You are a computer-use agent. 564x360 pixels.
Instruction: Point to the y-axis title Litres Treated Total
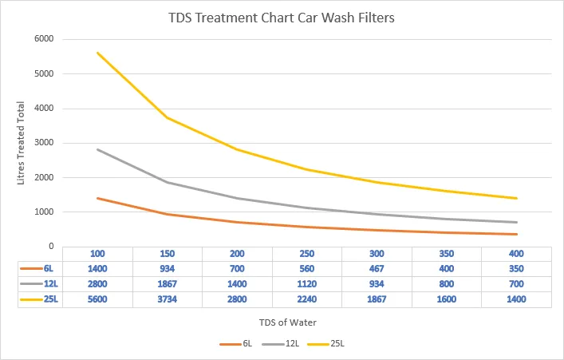coord(22,144)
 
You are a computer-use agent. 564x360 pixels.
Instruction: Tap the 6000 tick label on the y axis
coord(43,39)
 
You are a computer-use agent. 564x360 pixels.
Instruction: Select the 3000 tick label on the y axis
coord(43,143)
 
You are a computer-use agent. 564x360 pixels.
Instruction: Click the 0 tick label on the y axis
coord(50,247)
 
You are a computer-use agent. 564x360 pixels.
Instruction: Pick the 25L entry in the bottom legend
coord(336,344)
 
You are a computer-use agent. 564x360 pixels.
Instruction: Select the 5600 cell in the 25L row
coord(98,300)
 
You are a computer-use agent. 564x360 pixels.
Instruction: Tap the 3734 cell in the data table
coord(168,300)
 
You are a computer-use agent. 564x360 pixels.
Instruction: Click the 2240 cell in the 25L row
coord(308,300)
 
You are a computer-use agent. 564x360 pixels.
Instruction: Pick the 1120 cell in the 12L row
coord(308,284)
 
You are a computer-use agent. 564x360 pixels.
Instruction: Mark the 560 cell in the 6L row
coord(308,269)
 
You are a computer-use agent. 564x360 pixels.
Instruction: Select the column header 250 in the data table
coord(308,254)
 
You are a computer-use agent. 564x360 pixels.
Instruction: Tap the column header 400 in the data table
coord(517,254)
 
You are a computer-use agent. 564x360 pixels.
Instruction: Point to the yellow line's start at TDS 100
coord(98,53)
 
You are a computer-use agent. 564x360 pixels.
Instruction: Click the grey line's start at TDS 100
coord(98,149)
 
